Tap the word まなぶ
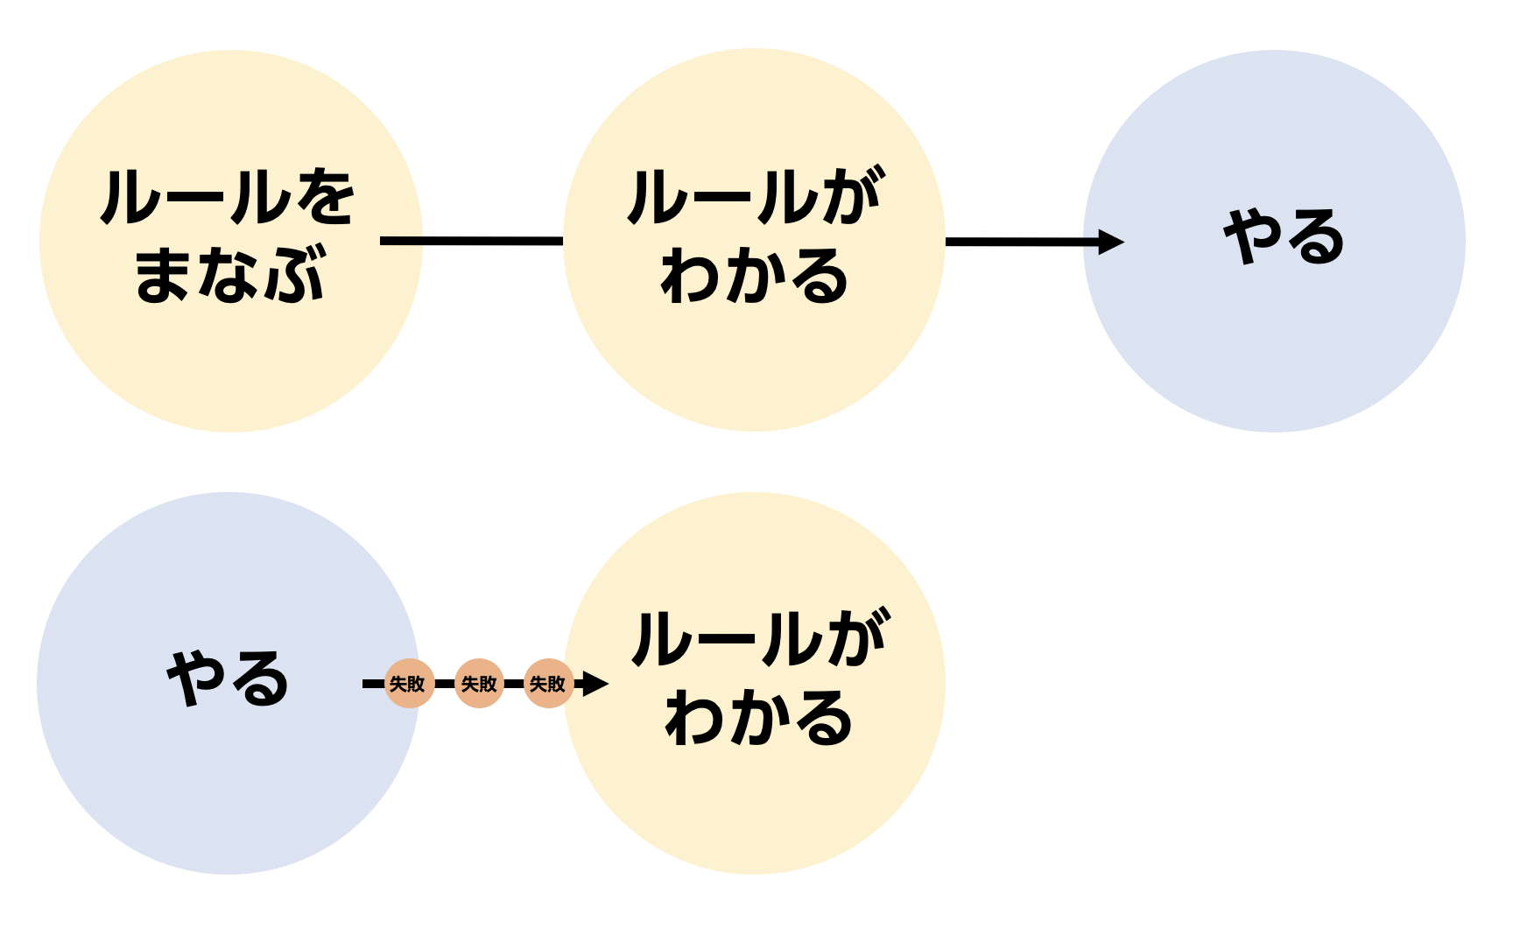click(x=229, y=275)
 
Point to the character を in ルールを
click(x=326, y=198)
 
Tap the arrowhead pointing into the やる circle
click(x=1111, y=242)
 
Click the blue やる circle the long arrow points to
click(x=1274, y=350)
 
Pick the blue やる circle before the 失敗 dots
click(x=228, y=788)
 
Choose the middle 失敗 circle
click(x=479, y=684)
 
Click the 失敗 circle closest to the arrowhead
click(x=548, y=684)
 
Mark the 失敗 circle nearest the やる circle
click(x=409, y=684)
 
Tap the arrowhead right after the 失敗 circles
click(x=595, y=684)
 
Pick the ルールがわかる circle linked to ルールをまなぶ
click(x=754, y=368)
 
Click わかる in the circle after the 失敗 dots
click(x=758, y=718)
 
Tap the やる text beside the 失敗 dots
click(x=228, y=678)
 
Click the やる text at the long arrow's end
click(x=1284, y=237)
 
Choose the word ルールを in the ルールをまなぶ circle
click(x=228, y=198)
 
